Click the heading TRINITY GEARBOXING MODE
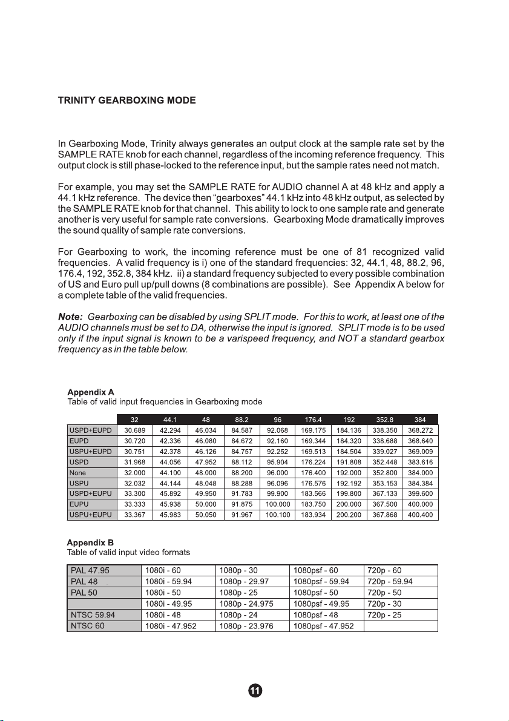[126, 100]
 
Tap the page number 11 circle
[255, 690]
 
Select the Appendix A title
[90, 392]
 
